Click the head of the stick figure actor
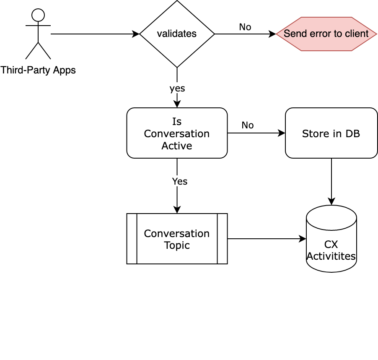tap(38, 15)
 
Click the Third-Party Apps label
tap(38, 70)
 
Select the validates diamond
tap(177, 34)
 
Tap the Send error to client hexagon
tap(326, 34)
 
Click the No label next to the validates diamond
tap(245, 27)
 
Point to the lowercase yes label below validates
tap(177, 89)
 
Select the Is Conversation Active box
tap(177, 133)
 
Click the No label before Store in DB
tap(247, 125)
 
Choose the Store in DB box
tap(331, 133)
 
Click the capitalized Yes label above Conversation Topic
tap(179, 181)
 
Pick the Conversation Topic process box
tap(177, 239)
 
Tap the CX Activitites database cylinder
tap(331, 243)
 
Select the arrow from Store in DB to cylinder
tap(331, 180)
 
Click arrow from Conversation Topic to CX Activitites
tap(266, 239)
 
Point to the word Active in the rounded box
tap(177, 146)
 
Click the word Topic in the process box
tap(177, 245)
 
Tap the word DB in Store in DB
tap(353, 133)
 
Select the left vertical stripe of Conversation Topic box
tap(132, 239)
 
